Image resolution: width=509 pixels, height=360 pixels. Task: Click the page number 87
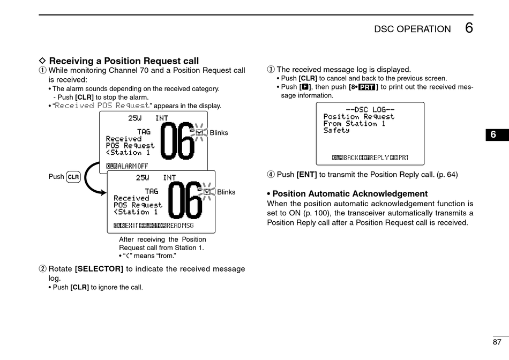tap(497, 342)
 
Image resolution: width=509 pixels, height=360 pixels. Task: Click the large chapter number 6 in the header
tap(469, 28)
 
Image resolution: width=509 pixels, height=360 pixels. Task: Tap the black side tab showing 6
tap(493, 135)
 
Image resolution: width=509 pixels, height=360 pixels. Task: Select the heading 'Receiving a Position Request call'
tap(124, 61)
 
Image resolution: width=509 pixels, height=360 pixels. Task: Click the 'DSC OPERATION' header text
tap(413, 29)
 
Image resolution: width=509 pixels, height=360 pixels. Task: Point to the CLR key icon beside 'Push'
tap(73, 177)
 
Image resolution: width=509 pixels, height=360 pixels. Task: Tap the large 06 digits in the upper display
tap(177, 142)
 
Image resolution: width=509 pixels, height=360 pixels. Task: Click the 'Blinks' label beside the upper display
tap(219, 133)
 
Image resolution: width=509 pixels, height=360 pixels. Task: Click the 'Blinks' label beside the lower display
tap(226, 192)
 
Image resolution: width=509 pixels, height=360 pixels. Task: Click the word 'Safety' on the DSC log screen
tap(336, 130)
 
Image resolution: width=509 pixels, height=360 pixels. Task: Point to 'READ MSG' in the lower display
tap(179, 226)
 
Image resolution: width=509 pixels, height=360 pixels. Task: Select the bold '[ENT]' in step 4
tap(306, 175)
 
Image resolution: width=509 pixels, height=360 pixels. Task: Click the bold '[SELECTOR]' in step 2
tap(99, 269)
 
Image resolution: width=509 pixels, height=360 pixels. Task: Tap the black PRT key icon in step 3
tap(367, 87)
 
